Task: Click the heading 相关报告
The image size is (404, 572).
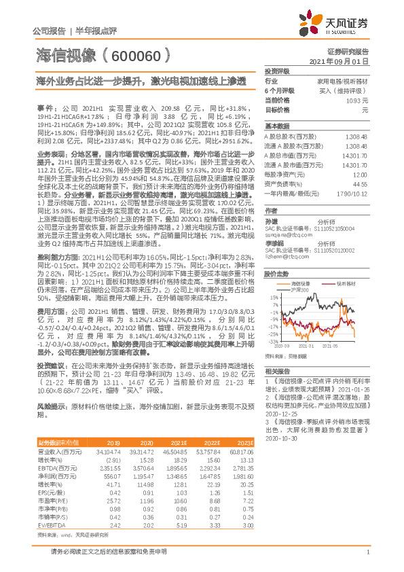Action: [x=276, y=371]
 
